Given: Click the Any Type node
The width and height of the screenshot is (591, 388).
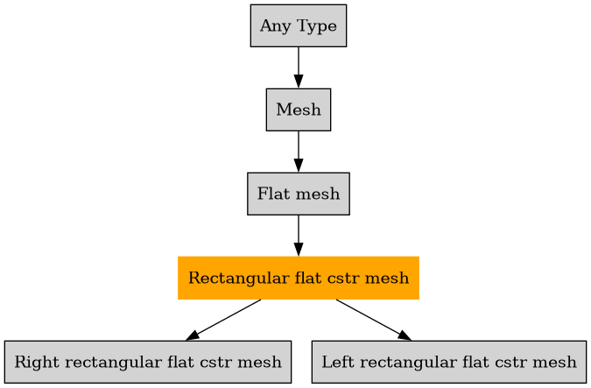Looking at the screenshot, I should [x=298, y=26].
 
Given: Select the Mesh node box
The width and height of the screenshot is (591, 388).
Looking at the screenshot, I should [x=298, y=109].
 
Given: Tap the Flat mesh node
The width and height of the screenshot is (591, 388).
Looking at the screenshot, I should [x=298, y=194].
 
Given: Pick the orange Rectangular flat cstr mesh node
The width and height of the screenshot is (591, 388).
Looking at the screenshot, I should [x=298, y=278].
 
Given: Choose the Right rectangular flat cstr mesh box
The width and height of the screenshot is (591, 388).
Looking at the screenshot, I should [x=148, y=362].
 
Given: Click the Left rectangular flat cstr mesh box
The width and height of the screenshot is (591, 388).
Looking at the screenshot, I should [x=448, y=362].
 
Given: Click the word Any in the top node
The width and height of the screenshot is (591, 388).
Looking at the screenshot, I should [x=271, y=26].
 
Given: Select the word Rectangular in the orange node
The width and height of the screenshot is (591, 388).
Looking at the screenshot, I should [x=230, y=279].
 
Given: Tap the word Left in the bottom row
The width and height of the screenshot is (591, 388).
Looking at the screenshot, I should [x=335, y=362].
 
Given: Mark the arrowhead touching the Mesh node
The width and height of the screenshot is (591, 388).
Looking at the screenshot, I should [x=298, y=82].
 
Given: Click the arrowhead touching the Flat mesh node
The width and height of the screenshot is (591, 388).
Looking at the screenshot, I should [x=298, y=166].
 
